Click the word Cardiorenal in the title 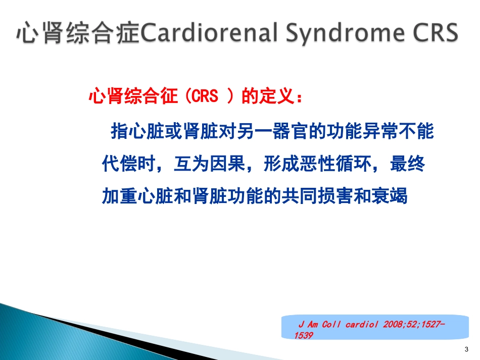[x=209, y=32]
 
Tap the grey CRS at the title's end [x=436, y=32]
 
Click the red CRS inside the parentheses [x=205, y=96]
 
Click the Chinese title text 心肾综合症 [x=78, y=33]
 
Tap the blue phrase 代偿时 [x=128, y=163]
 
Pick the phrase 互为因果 [x=210, y=163]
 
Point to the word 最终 [x=407, y=163]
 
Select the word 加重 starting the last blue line [x=120, y=196]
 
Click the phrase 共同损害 [x=318, y=196]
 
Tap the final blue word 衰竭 [x=390, y=196]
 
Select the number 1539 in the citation [x=303, y=336]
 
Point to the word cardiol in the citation [x=362, y=324]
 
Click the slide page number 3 [x=466, y=349]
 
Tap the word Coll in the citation [x=331, y=324]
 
